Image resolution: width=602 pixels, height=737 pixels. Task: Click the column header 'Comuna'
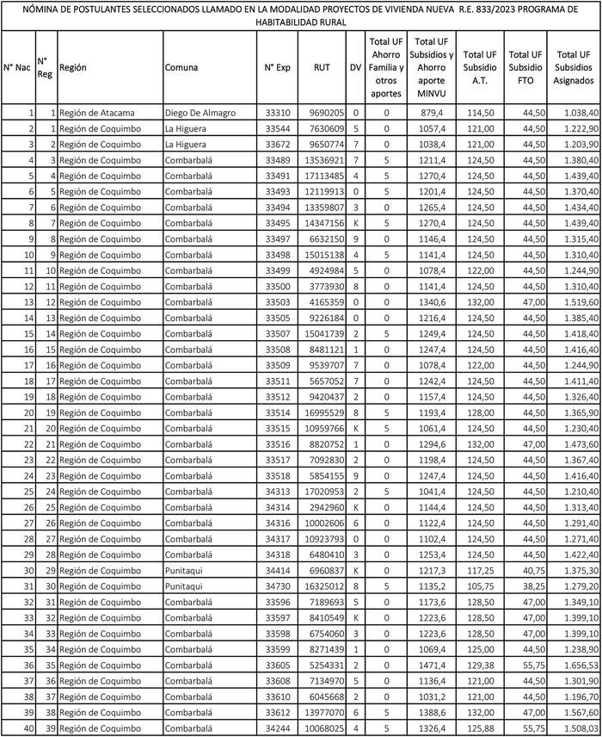pyautogui.click(x=182, y=66)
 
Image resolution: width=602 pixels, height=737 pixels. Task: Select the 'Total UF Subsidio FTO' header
pyautogui.click(x=524, y=66)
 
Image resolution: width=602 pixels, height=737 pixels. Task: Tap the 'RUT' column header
pyautogui.click(x=322, y=66)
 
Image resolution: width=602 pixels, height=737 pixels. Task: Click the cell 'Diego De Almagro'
pyautogui.click(x=200, y=113)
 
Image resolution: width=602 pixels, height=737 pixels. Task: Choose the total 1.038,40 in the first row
pyautogui.click(x=577, y=113)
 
